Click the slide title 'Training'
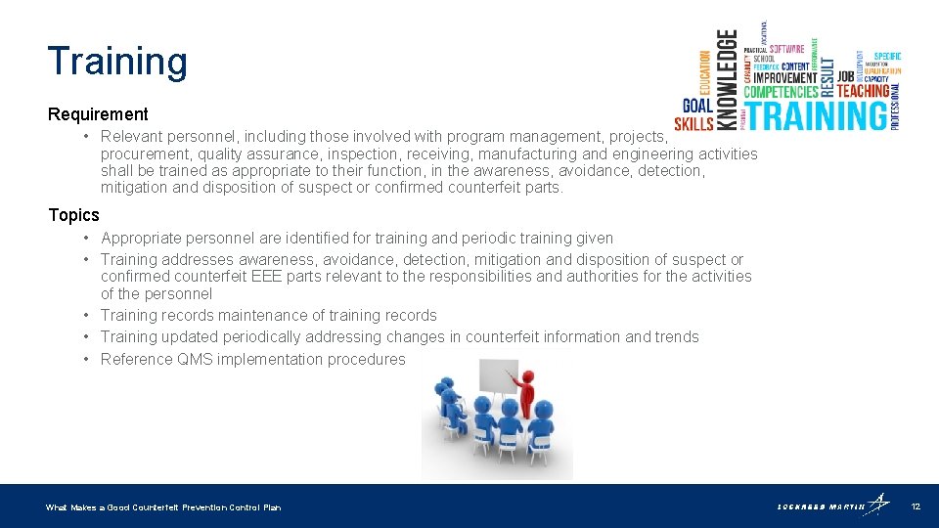pyautogui.click(x=116, y=61)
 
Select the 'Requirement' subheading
pyautogui.click(x=98, y=114)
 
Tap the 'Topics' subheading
pyautogui.click(x=73, y=215)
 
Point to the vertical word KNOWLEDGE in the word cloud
pyautogui.click(x=729, y=78)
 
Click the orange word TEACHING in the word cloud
pyautogui.click(x=863, y=91)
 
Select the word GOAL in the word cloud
pyautogui.click(x=696, y=106)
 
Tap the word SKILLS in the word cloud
pyautogui.click(x=693, y=123)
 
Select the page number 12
pyautogui.click(x=916, y=506)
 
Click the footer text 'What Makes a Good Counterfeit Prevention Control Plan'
pyautogui.click(x=163, y=507)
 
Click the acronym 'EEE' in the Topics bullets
pyautogui.click(x=267, y=277)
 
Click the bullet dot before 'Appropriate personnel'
pyautogui.click(x=87, y=238)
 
